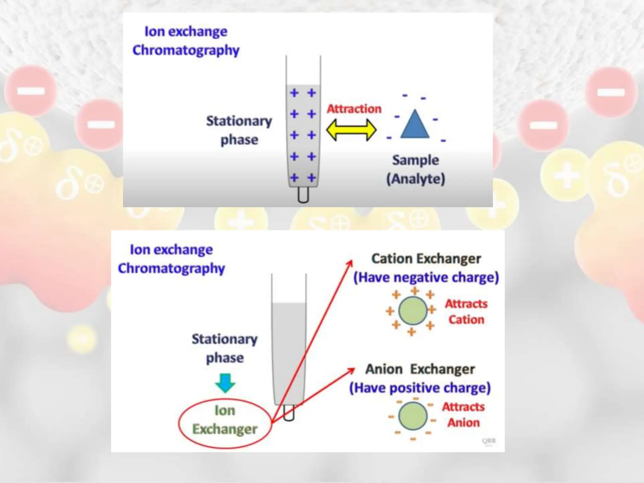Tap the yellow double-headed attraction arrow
tap(351, 130)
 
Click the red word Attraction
tap(354, 109)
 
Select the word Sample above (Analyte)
tap(415, 160)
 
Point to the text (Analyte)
tap(415, 179)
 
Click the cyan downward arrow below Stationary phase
tap(225, 383)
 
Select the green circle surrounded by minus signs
tap(413, 416)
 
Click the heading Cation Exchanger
tap(426, 259)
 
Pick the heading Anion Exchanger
tap(420, 369)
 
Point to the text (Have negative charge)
tap(426, 278)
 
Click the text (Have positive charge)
tap(420, 388)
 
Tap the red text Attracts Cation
tap(466, 312)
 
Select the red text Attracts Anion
tap(464, 415)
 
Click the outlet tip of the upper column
tap(303, 195)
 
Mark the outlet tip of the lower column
tap(289, 413)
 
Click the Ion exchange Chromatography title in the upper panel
tap(186, 41)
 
